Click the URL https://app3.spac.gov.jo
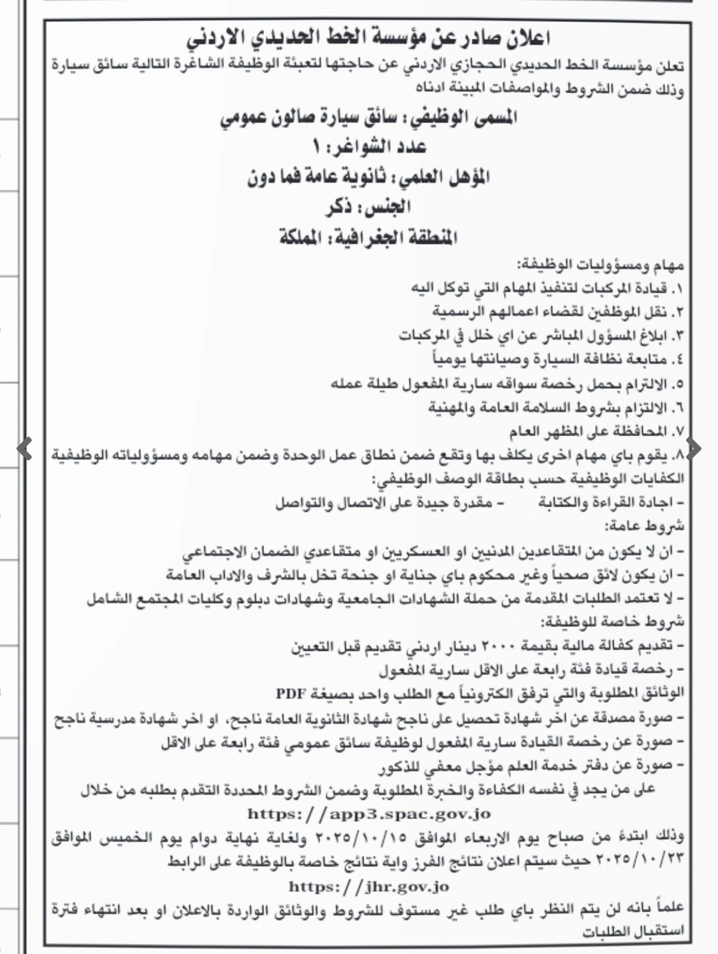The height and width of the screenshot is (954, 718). tap(369, 813)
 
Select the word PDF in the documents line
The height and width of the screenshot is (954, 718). tap(291, 693)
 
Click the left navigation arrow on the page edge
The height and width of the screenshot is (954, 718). tap(25, 449)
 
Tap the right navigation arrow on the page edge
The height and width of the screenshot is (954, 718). tap(693, 449)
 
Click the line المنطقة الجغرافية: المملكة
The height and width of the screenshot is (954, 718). tap(369, 237)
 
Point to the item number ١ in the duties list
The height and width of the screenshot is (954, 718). tap(677, 289)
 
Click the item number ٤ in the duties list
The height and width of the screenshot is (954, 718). tap(677, 361)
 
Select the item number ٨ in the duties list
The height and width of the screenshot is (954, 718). tap(678, 457)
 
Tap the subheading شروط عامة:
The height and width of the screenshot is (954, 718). tap(645, 527)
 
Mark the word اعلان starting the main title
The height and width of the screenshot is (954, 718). tap(527, 39)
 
